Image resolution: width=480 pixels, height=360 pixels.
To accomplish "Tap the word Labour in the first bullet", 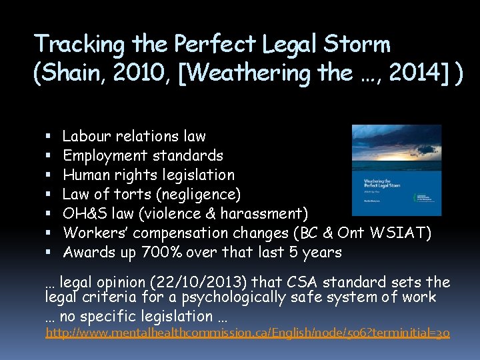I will [x=87, y=137].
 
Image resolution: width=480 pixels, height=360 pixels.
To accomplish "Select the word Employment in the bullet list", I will [x=105, y=156].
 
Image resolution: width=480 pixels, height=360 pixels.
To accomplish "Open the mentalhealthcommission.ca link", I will [x=247, y=332].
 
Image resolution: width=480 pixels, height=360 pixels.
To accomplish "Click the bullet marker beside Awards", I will [x=50, y=253].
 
